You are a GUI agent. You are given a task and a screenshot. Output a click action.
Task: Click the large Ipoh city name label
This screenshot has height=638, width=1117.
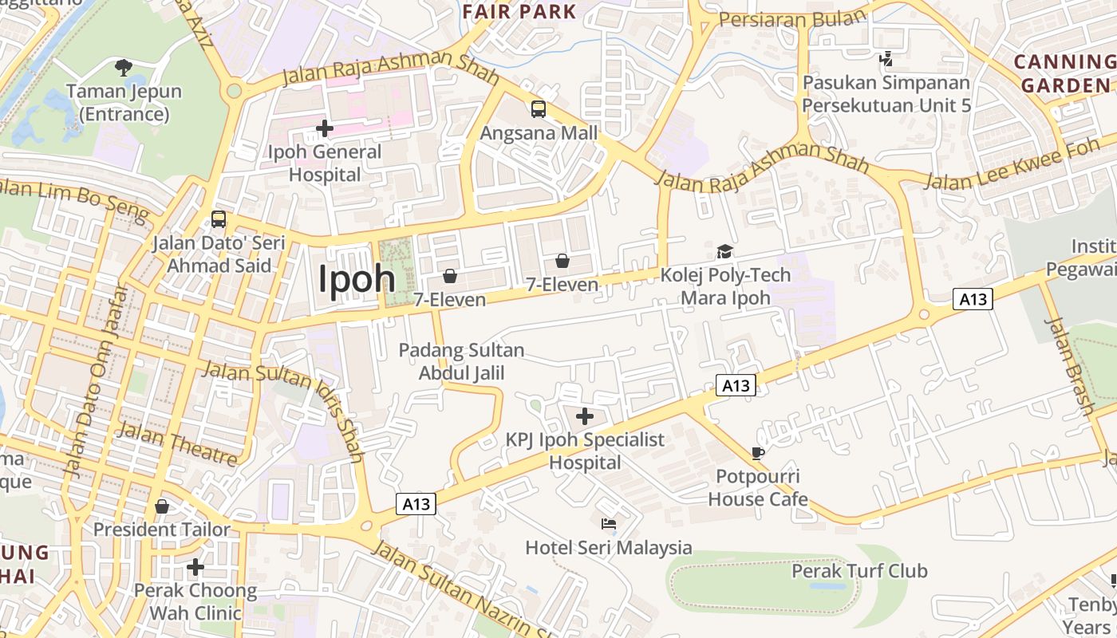(x=357, y=279)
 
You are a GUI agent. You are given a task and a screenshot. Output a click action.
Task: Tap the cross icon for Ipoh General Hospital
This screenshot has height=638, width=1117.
(x=324, y=128)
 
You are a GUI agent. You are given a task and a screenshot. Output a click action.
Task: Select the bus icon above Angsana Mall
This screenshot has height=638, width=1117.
(x=539, y=109)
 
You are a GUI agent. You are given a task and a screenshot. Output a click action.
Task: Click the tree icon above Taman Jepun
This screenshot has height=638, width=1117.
(x=123, y=67)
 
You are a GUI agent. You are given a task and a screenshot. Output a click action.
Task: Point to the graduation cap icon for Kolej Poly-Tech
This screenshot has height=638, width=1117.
(x=724, y=252)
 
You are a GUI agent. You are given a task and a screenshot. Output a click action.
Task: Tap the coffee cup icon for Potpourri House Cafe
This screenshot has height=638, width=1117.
(x=758, y=454)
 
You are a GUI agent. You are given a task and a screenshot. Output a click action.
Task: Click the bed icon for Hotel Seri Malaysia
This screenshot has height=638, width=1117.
(x=608, y=524)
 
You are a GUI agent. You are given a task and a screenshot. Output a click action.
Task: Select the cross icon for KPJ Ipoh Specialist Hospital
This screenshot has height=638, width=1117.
(x=585, y=416)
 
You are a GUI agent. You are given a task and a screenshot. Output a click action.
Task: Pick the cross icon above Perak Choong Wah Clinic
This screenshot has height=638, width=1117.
(x=195, y=567)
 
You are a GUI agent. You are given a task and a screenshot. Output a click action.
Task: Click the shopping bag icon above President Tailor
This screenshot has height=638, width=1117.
(x=162, y=506)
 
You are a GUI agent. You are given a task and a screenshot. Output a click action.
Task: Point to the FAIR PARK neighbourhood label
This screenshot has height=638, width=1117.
(x=519, y=11)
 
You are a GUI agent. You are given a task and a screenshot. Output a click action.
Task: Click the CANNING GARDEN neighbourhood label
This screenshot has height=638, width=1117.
(x=1065, y=73)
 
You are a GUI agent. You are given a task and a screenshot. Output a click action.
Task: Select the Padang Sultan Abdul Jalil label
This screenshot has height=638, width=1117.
(x=461, y=361)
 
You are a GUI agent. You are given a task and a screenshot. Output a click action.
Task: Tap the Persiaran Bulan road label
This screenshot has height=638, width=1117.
(x=791, y=18)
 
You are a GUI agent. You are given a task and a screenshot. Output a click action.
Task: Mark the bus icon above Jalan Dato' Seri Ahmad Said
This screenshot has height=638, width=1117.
(x=218, y=219)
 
